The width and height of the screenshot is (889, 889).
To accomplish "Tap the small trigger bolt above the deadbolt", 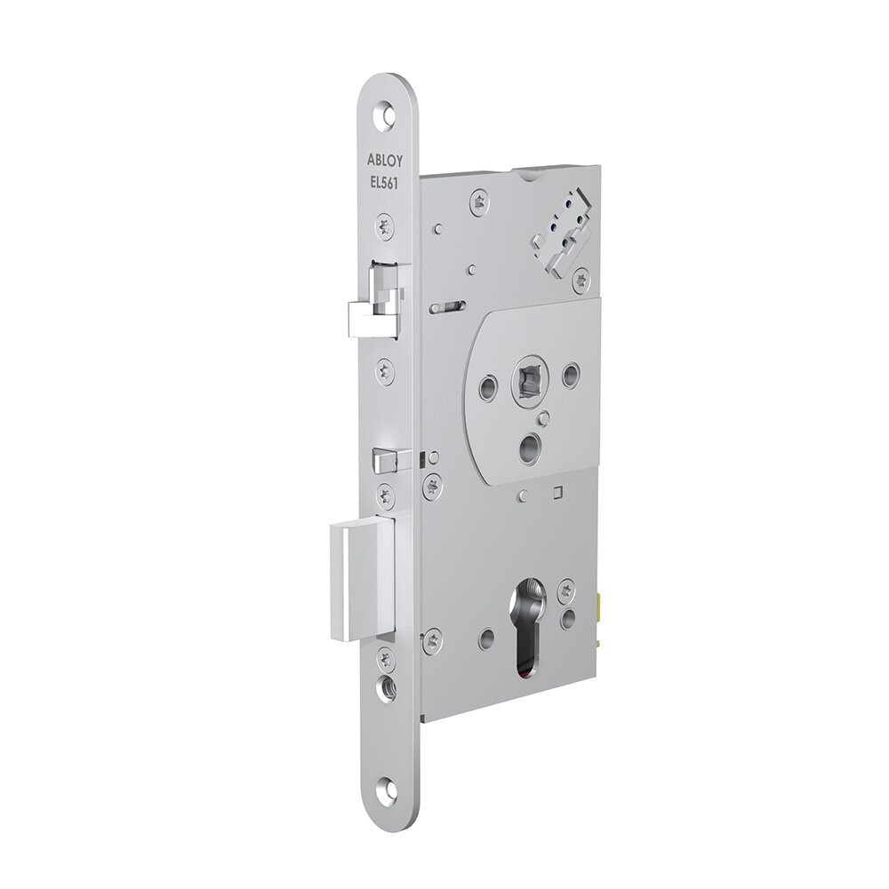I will point(385,459).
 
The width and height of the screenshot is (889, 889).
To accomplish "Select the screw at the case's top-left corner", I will point(481,202).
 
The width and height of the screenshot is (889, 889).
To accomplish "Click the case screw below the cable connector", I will point(581,281).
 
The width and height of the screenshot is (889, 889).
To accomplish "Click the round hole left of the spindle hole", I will point(488,387).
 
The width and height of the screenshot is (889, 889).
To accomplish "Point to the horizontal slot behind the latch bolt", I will point(445,307).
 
